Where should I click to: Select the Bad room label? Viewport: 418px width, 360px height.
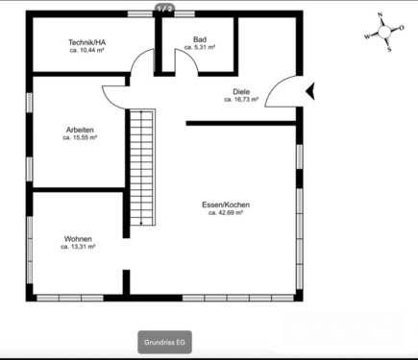[200, 38]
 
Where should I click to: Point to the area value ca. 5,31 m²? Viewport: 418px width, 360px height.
[200, 47]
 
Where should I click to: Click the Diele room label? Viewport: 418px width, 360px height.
[241, 91]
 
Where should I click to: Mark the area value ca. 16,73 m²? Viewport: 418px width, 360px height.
[241, 99]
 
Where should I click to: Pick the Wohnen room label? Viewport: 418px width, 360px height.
[78, 238]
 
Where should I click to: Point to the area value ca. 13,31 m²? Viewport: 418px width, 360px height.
[78, 247]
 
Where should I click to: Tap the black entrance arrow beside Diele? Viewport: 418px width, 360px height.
[310, 90]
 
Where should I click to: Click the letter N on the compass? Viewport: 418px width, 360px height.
[381, 15]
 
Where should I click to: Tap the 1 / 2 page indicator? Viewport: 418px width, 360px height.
[164, 9]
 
